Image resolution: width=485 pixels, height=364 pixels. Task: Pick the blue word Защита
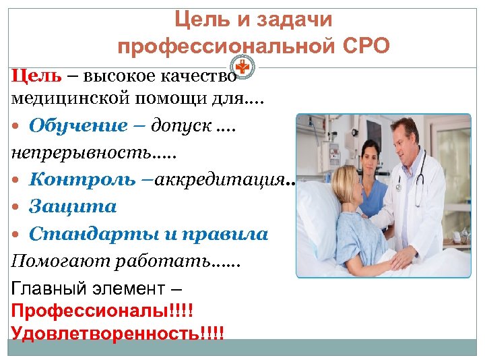pyautogui.click(x=73, y=206)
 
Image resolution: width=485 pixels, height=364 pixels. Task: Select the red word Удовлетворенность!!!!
pyautogui.click(x=117, y=333)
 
